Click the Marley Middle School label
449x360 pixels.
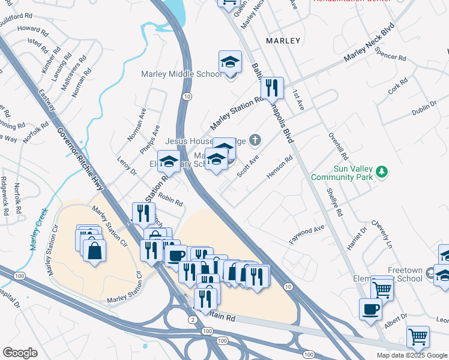coord(181,74)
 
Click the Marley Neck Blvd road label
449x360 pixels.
coord(369,44)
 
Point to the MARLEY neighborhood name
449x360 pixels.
coord(283,41)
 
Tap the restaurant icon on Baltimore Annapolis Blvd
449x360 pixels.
coord(272,88)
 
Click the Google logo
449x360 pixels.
coord(20,353)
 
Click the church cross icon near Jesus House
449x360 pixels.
coord(255,141)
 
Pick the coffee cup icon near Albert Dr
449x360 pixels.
coord(370,308)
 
